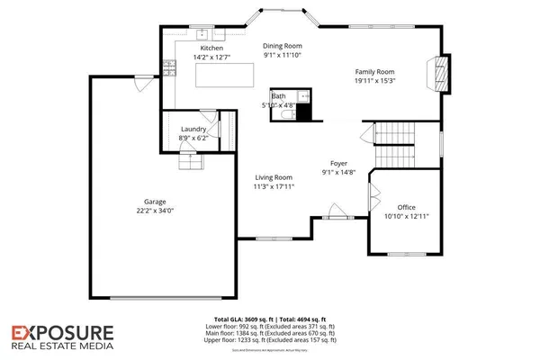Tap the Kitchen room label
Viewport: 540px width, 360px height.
coord(211,48)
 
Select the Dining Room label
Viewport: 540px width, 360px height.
coord(282,45)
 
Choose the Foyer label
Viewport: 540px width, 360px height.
coord(337,163)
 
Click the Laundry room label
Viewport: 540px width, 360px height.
coord(193,129)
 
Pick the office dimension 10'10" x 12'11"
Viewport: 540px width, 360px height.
coord(406,217)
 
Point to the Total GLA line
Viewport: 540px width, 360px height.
coord(270,320)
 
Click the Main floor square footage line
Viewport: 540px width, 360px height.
coord(270,334)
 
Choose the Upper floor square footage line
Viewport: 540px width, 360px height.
coord(270,340)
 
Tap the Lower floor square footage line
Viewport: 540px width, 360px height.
coord(270,328)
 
